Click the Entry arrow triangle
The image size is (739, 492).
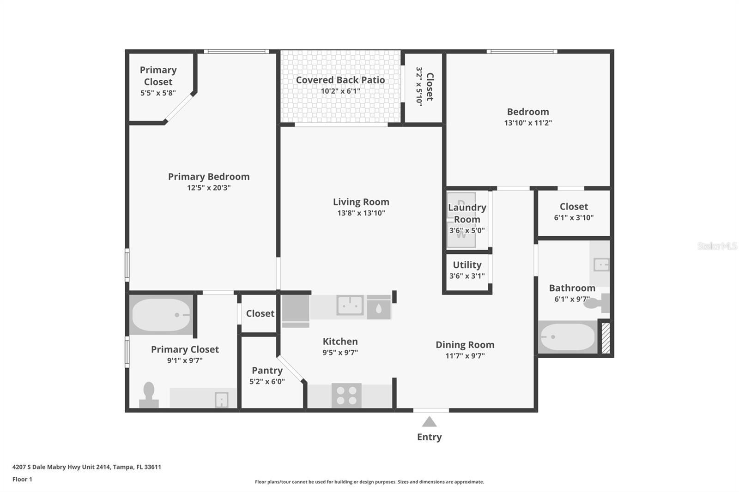click(x=429, y=422)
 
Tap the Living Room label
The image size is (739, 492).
click(x=361, y=202)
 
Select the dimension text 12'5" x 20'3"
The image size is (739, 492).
click(x=209, y=188)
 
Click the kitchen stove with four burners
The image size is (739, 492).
click(x=346, y=396)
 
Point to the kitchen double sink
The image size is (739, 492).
click(x=350, y=305)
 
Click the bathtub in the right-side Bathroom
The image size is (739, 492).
click(x=568, y=337)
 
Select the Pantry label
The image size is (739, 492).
click(x=267, y=371)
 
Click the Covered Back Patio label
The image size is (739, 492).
click(x=340, y=80)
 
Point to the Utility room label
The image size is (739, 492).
click(x=467, y=265)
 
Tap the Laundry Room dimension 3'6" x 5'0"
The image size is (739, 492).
click(x=467, y=230)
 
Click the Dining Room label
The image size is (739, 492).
click(x=465, y=345)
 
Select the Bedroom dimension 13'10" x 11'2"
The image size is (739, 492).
click(x=528, y=123)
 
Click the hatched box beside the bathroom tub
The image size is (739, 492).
click(x=606, y=338)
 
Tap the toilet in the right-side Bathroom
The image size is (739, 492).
click(x=597, y=303)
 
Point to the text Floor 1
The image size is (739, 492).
click(x=22, y=479)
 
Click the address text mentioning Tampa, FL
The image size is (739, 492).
click(x=87, y=467)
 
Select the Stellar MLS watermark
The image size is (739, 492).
click(x=717, y=246)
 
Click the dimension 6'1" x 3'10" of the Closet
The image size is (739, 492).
click(x=574, y=218)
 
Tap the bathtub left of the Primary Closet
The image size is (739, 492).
click(x=161, y=315)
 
